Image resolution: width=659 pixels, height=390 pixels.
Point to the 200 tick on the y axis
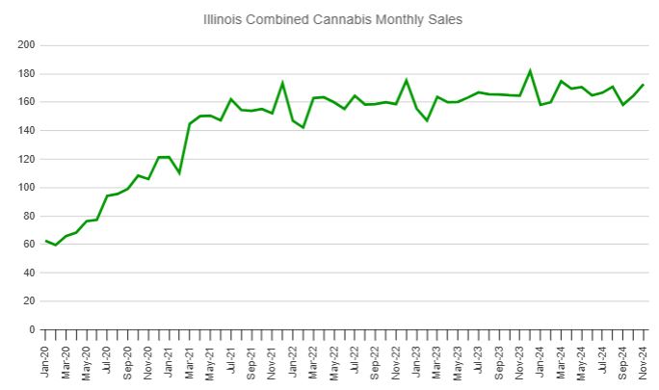pyautogui.click(x=26, y=45)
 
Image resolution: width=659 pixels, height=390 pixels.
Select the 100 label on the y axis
pyautogui.click(x=26, y=188)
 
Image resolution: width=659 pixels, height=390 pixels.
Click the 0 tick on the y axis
pyautogui.click(x=32, y=329)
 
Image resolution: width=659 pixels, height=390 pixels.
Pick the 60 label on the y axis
pyautogui.click(x=29, y=245)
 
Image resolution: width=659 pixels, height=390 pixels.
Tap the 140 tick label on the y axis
pyautogui.click(x=26, y=131)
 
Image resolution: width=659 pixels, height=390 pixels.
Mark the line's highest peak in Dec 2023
pyautogui.click(x=530, y=70)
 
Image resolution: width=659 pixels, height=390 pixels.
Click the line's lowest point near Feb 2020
pyautogui.click(x=56, y=246)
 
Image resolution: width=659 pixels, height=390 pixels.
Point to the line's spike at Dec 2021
pyautogui.click(x=282, y=83)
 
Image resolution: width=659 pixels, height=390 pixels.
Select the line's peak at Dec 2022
pyautogui.click(x=407, y=80)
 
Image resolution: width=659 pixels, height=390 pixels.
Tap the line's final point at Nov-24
pyautogui.click(x=644, y=85)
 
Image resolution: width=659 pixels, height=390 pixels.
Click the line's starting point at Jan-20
pyautogui.click(x=45, y=241)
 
